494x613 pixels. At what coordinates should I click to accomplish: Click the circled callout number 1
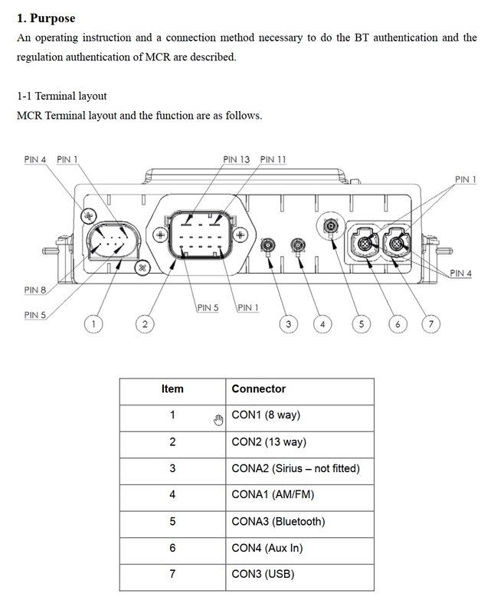point(93,324)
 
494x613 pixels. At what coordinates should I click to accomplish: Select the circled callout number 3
point(288,324)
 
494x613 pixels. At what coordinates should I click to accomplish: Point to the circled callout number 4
point(322,324)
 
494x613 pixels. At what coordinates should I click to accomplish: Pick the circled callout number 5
point(362,324)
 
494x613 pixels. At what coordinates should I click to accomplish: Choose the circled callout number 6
point(397,324)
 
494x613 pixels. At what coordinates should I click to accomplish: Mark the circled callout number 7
point(431,324)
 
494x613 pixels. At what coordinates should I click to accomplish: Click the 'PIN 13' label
point(237,159)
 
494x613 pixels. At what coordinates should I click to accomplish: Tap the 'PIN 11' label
point(273,159)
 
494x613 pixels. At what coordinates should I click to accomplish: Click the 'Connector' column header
point(258,388)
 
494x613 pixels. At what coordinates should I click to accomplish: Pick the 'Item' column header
point(172,388)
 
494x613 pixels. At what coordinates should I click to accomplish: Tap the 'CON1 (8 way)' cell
point(266,415)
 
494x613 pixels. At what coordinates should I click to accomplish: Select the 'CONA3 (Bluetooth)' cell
point(278,522)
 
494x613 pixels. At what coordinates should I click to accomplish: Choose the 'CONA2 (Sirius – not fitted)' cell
point(295,468)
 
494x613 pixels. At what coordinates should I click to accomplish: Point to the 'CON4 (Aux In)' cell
point(267,548)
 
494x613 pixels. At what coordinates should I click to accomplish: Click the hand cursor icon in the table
point(218,418)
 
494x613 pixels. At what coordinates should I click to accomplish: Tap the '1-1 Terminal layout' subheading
point(62,97)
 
